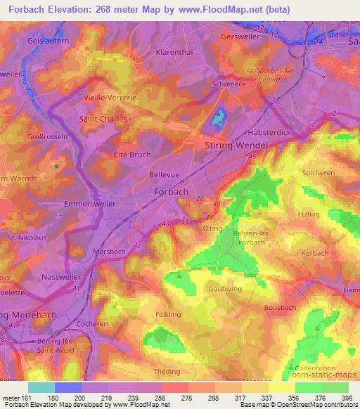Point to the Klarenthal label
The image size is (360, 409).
[174, 53]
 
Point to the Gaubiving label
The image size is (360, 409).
[226, 288]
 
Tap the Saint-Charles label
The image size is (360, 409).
[103, 119]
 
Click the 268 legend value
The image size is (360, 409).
[185, 398]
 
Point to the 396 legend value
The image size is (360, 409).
[347, 398]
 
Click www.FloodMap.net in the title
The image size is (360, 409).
[221, 10]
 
